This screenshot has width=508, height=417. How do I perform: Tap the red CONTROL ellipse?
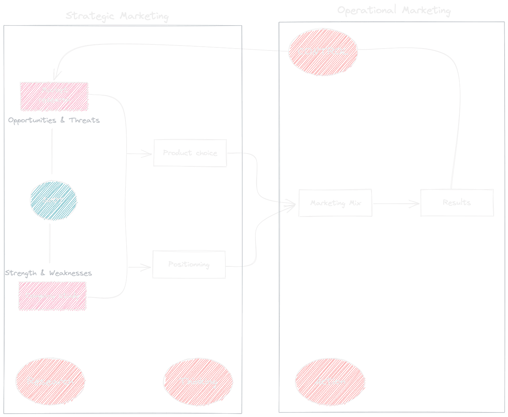(x=323, y=52)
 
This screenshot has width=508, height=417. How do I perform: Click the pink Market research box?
(x=54, y=96)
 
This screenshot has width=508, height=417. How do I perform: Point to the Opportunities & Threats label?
(x=54, y=120)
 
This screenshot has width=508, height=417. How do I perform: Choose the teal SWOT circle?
(x=53, y=200)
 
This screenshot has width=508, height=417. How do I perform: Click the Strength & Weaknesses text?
(x=48, y=273)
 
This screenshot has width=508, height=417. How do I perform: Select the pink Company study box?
(x=52, y=296)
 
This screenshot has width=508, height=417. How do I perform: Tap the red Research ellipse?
(x=50, y=382)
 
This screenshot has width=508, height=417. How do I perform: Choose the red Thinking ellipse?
(x=198, y=382)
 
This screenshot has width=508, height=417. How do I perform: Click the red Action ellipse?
(x=330, y=382)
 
